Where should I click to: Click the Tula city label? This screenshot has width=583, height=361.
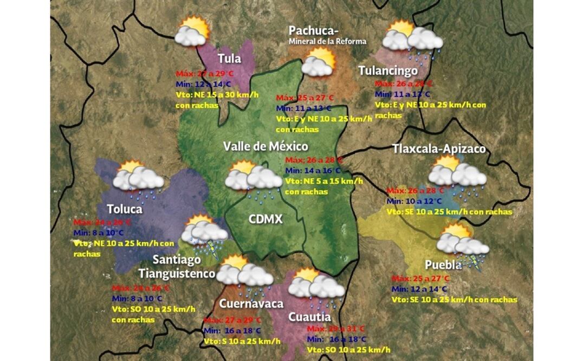[229, 59]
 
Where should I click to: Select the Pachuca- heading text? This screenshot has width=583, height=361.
[314, 30]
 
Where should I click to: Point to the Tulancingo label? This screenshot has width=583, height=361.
[388, 70]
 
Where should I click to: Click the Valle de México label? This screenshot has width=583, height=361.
[265, 146]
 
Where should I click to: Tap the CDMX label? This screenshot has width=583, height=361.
[265, 218]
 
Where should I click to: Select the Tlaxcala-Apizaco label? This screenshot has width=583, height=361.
[439, 149]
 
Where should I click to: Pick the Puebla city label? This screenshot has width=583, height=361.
[443, 265]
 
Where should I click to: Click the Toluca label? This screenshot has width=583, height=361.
[125, 209]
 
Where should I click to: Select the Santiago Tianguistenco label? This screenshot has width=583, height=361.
[177, 267]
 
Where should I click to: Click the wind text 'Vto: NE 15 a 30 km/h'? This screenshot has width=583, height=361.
[217, 95]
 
